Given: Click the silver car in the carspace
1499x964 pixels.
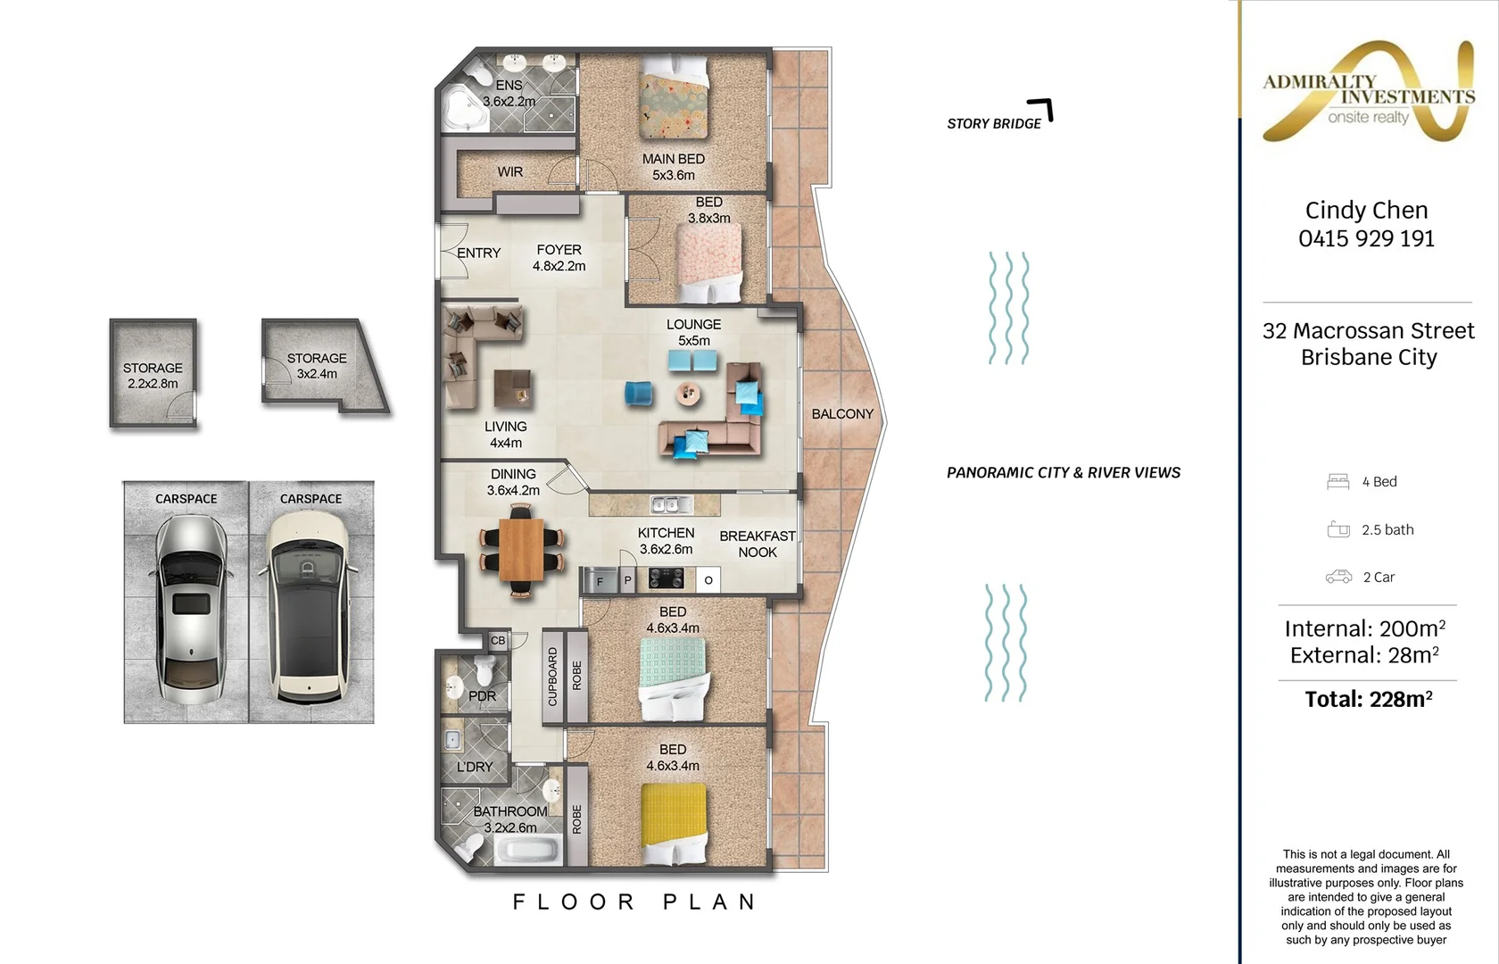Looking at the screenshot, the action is pos(192,609).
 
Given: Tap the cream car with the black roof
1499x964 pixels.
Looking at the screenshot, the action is pos(309,607).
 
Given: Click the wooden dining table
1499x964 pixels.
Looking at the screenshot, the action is pos(521,550).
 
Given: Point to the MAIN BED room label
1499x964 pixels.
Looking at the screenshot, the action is pos(673,167).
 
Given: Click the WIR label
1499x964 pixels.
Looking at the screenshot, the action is pos(510,172).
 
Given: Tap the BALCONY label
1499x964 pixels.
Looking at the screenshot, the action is pos(842,414).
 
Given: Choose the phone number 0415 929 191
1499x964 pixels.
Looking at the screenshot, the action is pos(1367,238).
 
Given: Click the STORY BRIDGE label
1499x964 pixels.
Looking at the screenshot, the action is pos(994,123).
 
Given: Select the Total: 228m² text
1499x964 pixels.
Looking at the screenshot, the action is pos(1369,699).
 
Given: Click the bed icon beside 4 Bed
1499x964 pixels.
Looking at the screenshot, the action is pos(1338,481).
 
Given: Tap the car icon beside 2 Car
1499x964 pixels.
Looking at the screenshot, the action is pos(1338,577).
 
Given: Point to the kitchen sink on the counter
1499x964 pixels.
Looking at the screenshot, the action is pos(672,505).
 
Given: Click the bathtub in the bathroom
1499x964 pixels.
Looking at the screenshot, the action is pos(527,851).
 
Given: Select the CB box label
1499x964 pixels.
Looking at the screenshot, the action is pos(498,641).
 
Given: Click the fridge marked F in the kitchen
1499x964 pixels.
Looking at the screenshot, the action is pos(600,580).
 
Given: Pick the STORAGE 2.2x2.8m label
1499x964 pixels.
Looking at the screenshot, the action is pos(153,376).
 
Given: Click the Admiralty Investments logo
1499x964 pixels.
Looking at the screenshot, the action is pos(1369,92).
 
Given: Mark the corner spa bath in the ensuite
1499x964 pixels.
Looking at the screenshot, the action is pos(464,110).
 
